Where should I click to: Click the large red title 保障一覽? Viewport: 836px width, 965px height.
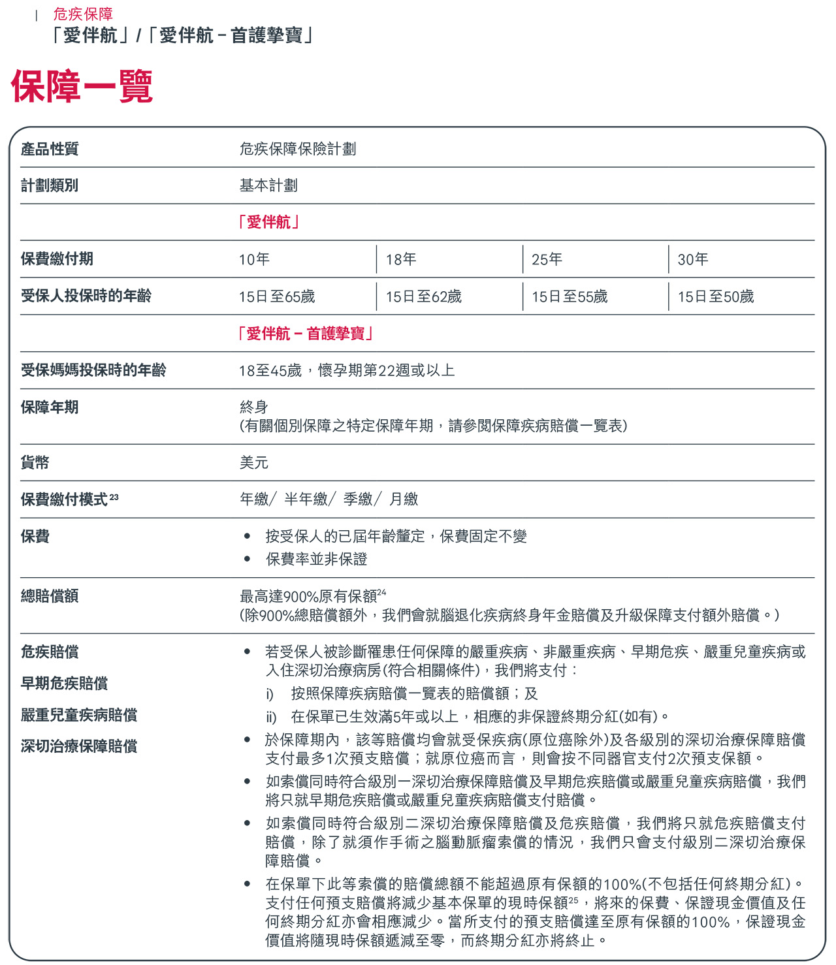82,87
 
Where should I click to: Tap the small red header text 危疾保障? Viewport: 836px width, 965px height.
83,14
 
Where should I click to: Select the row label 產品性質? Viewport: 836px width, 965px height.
50,149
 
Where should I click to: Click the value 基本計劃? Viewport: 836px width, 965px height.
268,185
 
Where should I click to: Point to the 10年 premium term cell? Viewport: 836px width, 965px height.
254,259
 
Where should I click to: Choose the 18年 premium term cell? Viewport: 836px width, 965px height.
401,259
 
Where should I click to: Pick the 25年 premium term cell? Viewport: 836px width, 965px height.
547,259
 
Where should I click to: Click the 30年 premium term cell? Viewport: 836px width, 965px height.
693,259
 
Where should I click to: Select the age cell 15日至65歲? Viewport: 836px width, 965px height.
277,296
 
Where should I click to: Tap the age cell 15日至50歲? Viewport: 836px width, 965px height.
716,296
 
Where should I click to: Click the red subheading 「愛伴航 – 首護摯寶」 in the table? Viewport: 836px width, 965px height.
306,334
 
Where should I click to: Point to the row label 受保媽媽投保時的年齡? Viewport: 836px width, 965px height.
93,370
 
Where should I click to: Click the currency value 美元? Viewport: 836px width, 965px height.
254,462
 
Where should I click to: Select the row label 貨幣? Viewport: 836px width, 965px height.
35,462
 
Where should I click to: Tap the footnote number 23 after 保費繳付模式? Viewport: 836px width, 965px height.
114,497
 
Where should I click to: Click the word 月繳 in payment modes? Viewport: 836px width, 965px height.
404,499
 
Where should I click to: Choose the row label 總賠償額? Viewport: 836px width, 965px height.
50,595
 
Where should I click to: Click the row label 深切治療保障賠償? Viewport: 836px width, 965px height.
79,746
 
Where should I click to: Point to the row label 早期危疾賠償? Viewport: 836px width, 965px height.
64,683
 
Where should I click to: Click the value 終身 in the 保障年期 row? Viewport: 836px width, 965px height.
254,407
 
